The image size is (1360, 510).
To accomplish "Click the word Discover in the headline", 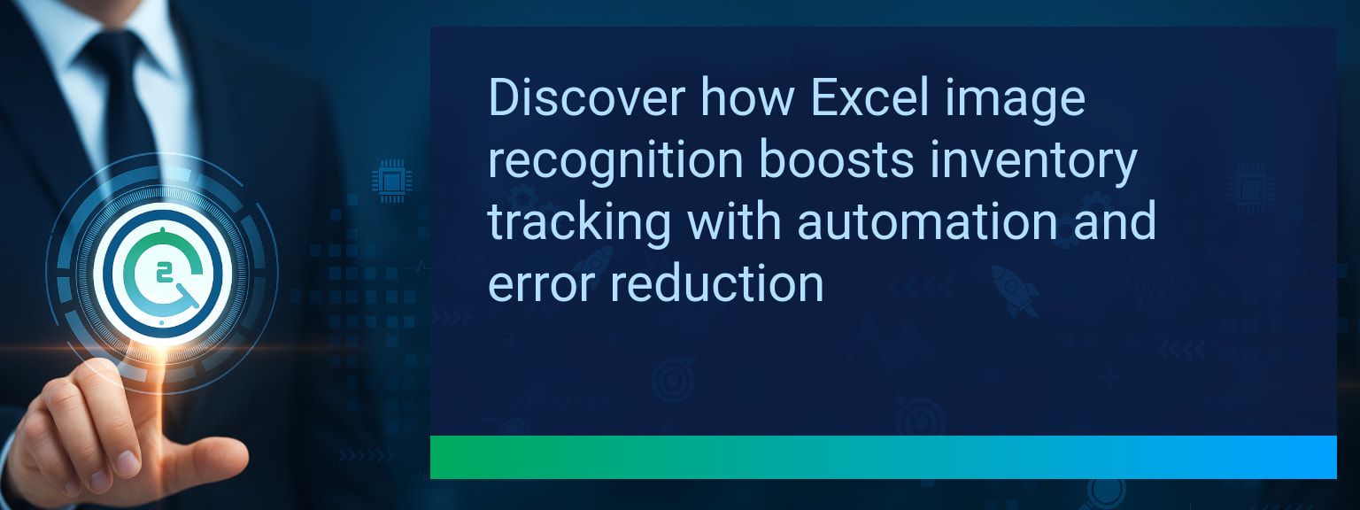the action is pyautogui.click(x=586, y=97).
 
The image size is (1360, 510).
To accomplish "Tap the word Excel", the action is pyautogui.click(x=869, y=97).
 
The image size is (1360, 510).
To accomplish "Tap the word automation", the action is pyautogui.click(x=927, y=221).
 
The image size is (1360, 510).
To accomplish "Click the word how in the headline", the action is pyautogui.click(x=748, y=97).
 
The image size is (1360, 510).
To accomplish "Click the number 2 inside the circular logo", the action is pyautogui.click(x=163, y=274).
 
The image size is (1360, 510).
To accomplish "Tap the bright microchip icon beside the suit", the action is pyautogui.click(x=391, y=181).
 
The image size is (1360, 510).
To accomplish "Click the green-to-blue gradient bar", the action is pyautogui.click(x=884, y=457).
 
